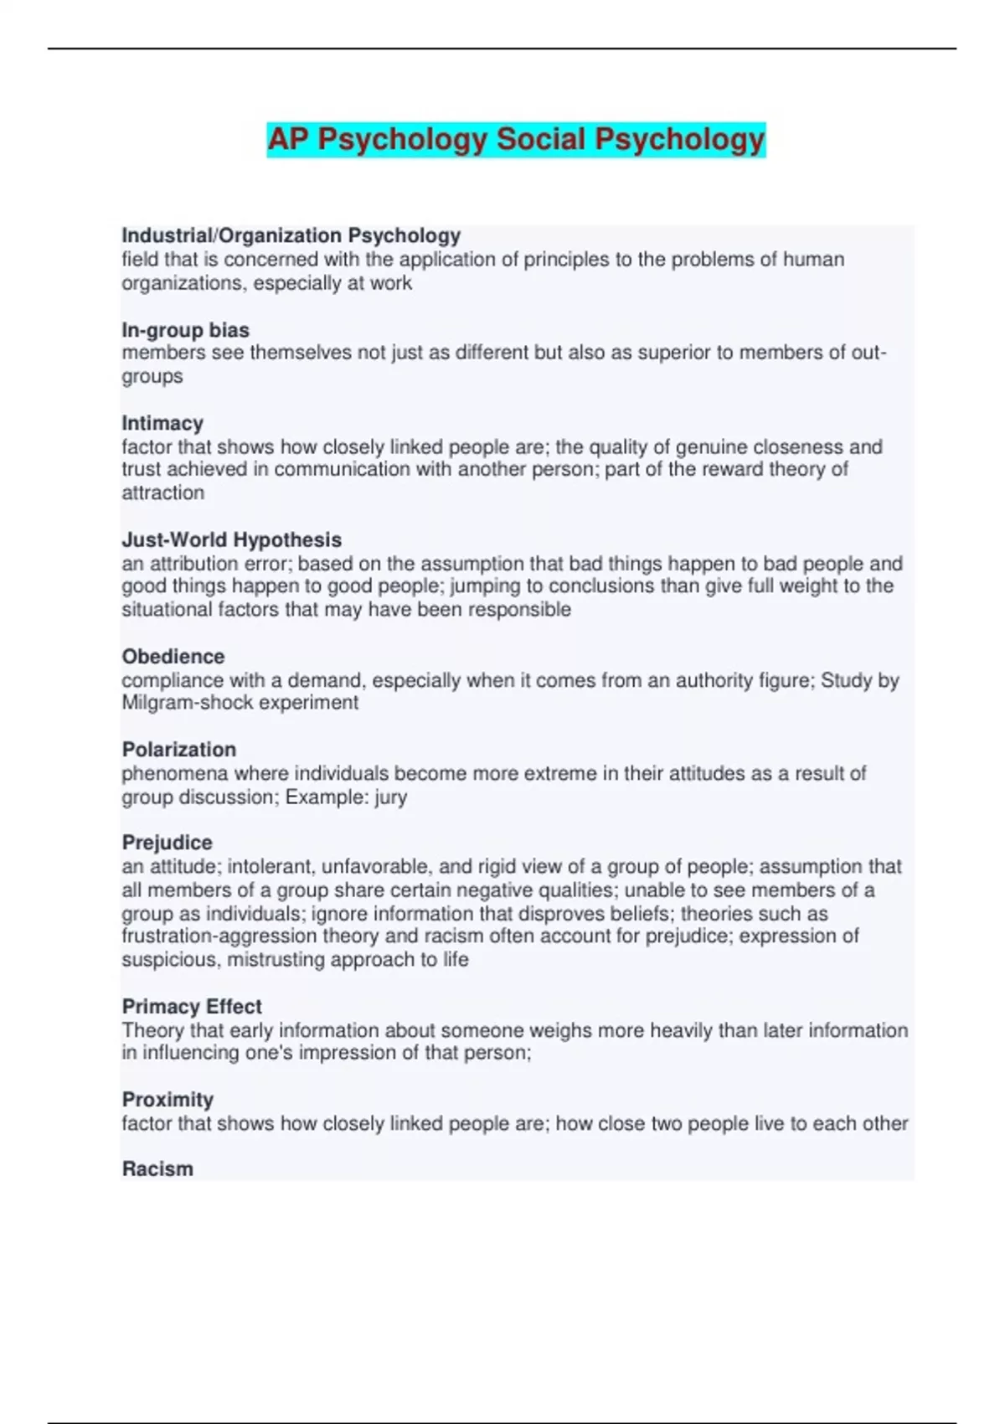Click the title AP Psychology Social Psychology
[x=516, y=140]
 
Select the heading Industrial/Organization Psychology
[x=291, y=235]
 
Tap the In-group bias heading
[x=185, y=330]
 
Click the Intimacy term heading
[x=162, y=423]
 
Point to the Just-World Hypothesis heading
[x=231, y=539]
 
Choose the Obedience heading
[x=173, y=656]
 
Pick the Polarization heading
[x=179, y=749]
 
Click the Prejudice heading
[x=167, y=842]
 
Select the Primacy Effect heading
[x=192, y=1006]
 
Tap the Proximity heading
[x=167, y=1099]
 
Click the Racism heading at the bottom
[x=157, y=1169]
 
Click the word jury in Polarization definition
[x=390, y=797]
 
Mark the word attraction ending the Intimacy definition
[x=162, y=493]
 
